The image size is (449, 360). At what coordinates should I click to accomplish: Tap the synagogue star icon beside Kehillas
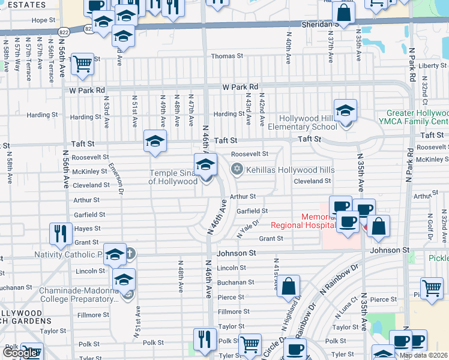tap(237, 169)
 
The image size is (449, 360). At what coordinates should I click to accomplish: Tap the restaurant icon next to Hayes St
tap(61, 232)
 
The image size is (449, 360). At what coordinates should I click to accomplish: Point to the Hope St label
tap(43, 20)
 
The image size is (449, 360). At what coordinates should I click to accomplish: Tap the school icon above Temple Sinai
tap(205, 164)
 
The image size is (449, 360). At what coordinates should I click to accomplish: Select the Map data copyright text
tap(424, 355)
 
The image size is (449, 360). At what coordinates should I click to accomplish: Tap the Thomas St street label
tap(226, 56)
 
